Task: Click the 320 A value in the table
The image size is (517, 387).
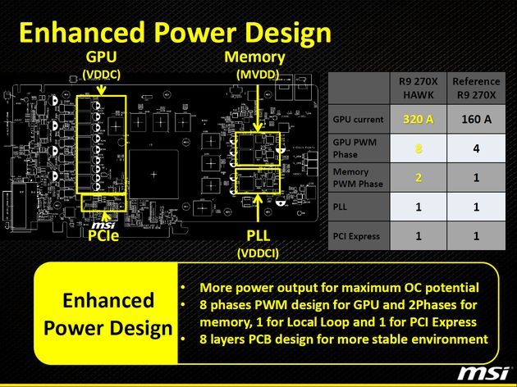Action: pos(418,119)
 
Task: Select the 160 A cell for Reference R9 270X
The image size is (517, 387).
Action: pos(476,119)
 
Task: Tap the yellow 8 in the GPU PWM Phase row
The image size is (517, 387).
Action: pos(418,148)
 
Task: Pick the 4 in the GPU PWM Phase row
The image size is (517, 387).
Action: pos(476,148)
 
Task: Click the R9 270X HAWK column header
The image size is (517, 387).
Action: pos(418,89)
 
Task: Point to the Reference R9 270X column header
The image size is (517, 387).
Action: pos(476,89)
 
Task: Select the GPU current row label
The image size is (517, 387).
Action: pos(358,119)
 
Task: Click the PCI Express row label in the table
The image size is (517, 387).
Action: pos(356,236)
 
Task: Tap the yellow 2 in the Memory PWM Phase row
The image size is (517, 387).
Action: pos(418,178)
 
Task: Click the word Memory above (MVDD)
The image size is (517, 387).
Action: pos(254,57)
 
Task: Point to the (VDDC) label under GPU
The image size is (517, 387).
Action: pos(101,75)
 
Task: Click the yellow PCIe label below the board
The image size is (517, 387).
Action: pos(103,236)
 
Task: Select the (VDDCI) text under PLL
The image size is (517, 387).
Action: pos(258,253)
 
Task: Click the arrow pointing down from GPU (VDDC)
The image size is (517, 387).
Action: pos(101,88)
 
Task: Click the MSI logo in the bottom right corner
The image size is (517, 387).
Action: pos(483,373)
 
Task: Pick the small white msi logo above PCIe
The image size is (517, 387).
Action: pos(103,225)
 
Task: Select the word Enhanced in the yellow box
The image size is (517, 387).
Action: pos(108,300)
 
